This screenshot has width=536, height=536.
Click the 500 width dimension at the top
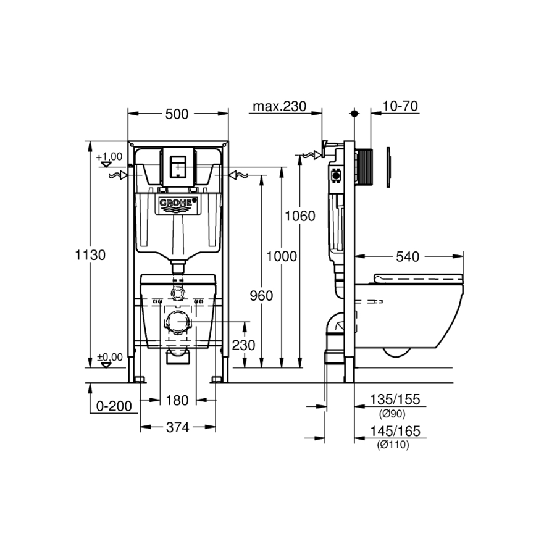[x=177, y=114]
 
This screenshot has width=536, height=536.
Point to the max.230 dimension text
[x=279, y=106]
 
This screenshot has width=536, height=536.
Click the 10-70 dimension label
[x=400, y=106]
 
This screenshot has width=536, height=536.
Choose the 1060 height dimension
[x=300, y=216]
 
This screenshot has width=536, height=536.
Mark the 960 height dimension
[x=261, y=296]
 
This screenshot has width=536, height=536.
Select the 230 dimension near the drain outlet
[x=244, y=345]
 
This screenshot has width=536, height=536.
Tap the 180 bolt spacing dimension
[x=177, y=401]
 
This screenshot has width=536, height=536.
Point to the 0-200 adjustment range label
[x=115, y=406]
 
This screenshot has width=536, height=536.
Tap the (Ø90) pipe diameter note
[x=392, y=412]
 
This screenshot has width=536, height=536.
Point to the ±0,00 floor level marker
[x=109, y=357]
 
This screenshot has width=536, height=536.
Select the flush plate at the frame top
[x=177, y=165]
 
